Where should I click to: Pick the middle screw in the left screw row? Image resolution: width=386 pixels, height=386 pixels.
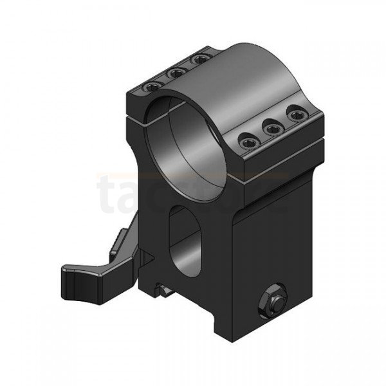tap(174, 73)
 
